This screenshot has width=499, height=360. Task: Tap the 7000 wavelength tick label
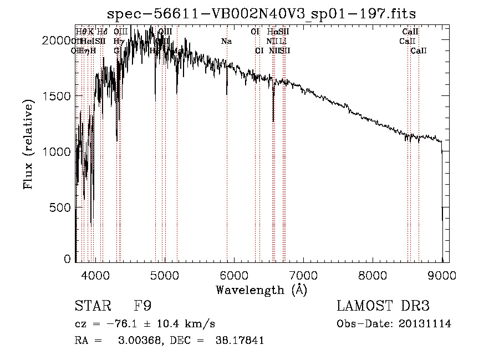click(x=303, y=273)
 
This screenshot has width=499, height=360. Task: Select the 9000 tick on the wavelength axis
click(x=442, y=273)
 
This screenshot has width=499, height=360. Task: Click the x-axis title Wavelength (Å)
click(x=261, y=290)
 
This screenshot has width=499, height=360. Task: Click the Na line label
click(x=226, y=41)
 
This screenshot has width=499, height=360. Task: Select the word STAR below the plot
click(x=93, y=306)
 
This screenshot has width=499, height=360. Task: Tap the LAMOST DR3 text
click(x=383, y=306)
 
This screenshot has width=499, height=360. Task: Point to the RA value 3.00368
click(x=137, y=341)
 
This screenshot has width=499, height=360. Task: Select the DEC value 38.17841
click(x=239, y=341)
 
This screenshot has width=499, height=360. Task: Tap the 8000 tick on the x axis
click(x=373, y=273)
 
